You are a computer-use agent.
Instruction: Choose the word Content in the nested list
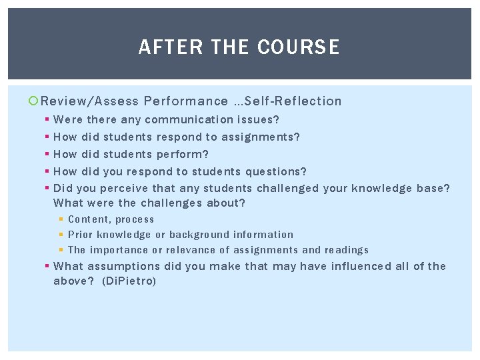click(x=89, y=219)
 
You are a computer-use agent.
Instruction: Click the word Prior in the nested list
click(x=80, y=235)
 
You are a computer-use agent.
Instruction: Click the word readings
click(x=346, y=250)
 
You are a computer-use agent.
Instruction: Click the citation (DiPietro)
click(x=129, y=281)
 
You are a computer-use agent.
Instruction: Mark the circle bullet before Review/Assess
click(x=34, y=101)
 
